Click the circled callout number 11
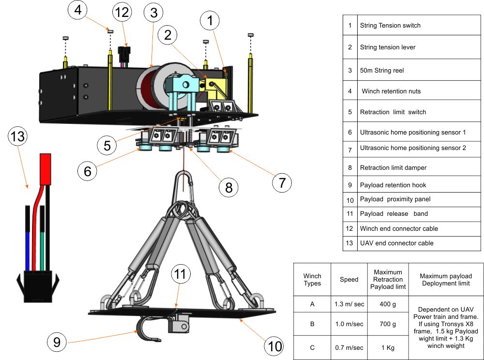tap(180, 274)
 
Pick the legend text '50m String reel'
tap(382, 70)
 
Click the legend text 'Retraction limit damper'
tap(393, 168)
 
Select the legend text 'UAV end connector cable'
tap(396, 243)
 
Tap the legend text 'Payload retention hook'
tap(393, 185)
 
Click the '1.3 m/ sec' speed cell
tap(349, 304)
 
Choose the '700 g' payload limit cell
tap(388, 324)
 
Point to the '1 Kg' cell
tap(388, 347)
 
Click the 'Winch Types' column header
tap(312, 279)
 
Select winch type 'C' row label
tap(312, 347)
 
